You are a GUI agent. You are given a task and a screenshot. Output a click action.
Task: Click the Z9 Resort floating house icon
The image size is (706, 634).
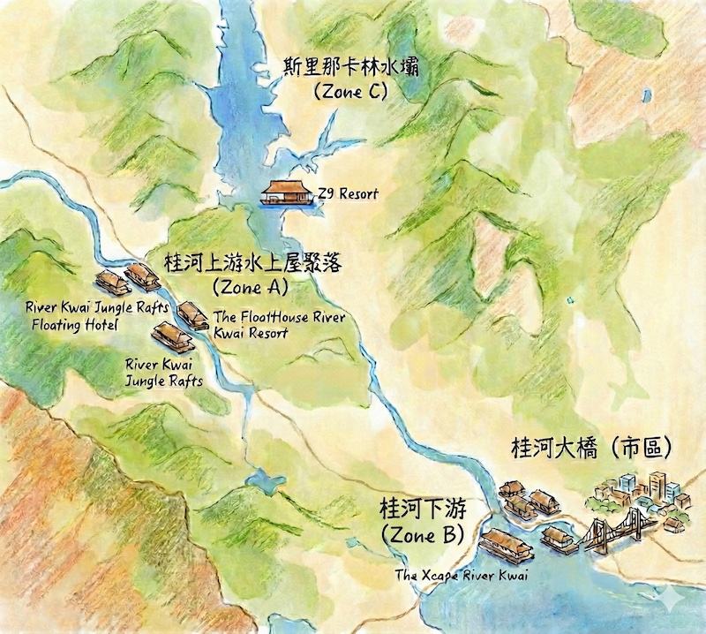pyautogui.click(x=285, y=192)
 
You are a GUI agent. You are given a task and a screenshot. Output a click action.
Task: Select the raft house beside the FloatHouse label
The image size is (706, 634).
pyautogui.click(x=192, y=313)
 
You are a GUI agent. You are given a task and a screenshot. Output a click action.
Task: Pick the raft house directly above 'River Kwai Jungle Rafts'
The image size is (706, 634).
pyautogui.click(x=168, y=336)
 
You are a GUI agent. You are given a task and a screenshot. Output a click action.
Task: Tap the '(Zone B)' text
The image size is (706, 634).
pyautogui.click(x=420, y=536)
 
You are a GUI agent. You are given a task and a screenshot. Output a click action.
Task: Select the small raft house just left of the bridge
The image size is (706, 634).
pyautogui.click(x=559, y=537)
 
